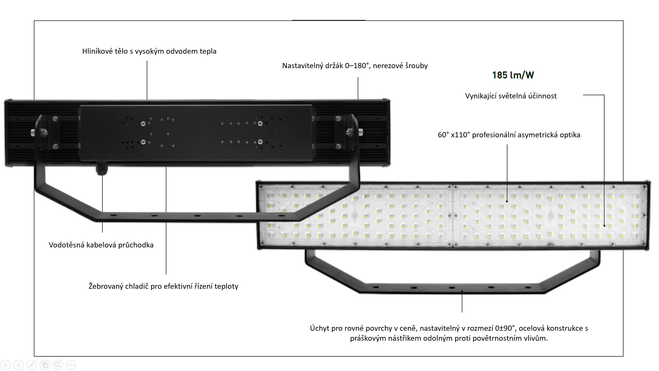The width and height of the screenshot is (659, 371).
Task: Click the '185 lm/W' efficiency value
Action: (513, 75)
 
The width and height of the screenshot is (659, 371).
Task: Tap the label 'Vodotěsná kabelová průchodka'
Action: (101, 245)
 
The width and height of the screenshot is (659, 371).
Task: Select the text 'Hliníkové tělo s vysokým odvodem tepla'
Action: (149, 51)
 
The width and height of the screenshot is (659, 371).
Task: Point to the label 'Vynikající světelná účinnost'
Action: (511, 96)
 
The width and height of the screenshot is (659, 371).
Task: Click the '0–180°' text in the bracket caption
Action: (357, 66)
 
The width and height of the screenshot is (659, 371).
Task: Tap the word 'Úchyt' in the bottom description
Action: (319, 328)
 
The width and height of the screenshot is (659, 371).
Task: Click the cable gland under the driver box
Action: (102, 169)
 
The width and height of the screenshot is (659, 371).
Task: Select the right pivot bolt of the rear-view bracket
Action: (350, 131)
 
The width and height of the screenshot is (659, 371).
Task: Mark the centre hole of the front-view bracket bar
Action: (452, 288)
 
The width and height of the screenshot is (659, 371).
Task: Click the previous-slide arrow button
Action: (6, 364)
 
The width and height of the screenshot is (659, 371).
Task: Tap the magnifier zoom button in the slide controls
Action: (58, 364)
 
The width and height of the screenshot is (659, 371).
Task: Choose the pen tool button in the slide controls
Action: (31, 364)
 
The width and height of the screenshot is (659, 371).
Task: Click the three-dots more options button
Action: (71, 364)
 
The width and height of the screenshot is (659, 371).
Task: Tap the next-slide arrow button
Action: (19, 364)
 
